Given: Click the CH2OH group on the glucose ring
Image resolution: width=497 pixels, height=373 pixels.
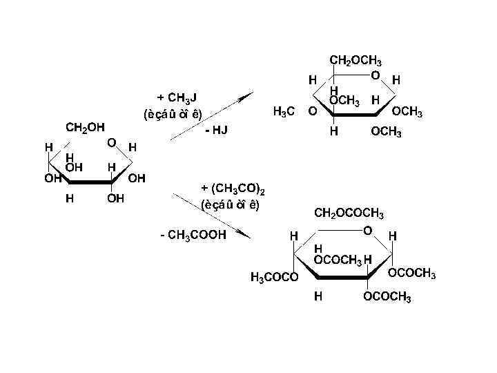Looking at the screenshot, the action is pyautogui.click(x=85, y=127).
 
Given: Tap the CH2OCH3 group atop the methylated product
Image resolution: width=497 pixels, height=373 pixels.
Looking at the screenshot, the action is pyautogui.click(x=356, y=61).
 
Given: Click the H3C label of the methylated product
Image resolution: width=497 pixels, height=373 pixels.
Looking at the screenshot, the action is pyautogui.click(x=285, y=111).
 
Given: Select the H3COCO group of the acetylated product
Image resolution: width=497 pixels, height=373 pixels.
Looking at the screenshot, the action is pyautogui.click(x=274, y=278).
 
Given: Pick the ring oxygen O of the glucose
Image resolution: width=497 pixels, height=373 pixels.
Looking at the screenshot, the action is pyautogui.click(x=111, y=143).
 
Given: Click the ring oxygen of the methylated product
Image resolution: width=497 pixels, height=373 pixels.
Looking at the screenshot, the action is pyautogui.click(x=374, y=75).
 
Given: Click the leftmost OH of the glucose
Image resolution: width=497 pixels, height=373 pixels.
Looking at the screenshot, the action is pyautogui.click(x=52, y=179).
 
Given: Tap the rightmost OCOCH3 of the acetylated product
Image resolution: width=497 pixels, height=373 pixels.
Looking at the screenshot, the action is pyautogui.click(x=412, y=274).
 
